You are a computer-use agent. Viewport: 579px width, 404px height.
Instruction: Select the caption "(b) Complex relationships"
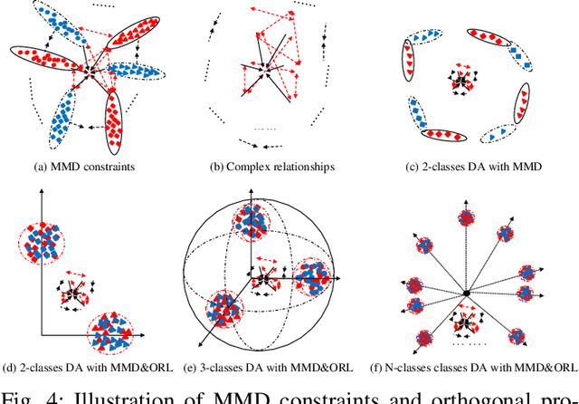(272, 166)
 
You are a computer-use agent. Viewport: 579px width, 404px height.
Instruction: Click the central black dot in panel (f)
(465, 293)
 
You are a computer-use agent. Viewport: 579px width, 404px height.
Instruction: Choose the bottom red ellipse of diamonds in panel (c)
(450, 135)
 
